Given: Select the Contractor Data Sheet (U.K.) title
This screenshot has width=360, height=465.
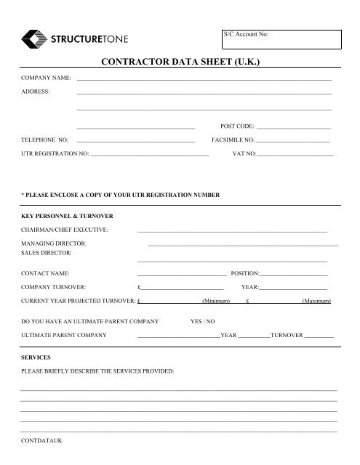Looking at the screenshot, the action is (x=180, y=64).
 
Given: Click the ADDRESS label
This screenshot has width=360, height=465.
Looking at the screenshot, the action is (x=36, y=92).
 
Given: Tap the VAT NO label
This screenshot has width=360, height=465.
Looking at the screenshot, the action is (x=244, y=154).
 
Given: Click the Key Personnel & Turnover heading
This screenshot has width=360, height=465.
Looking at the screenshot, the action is (x=67, y=217).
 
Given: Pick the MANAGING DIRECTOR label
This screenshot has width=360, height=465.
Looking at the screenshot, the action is (x=55, y=243).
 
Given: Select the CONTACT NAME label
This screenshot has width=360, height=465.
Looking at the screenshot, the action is (x=46, y=273).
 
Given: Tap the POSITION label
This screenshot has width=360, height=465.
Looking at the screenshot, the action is (x=244, y=273).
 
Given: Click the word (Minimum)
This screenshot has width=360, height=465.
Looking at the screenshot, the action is (x=216, y=300).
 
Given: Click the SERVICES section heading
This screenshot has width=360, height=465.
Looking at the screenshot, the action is (x=36, y=359).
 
